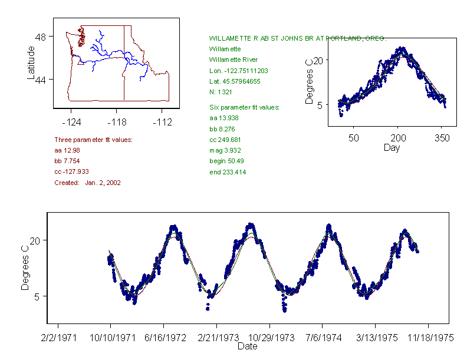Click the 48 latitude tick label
pos(41,37)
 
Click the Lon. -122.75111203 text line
pos(238,71)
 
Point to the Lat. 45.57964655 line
pos(234,81)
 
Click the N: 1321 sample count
pos(222,92)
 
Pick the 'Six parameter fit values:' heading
pos(244,107)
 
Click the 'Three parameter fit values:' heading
pos(93,140)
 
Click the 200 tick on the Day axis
pos(398,138)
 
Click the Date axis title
pos(247,346)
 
